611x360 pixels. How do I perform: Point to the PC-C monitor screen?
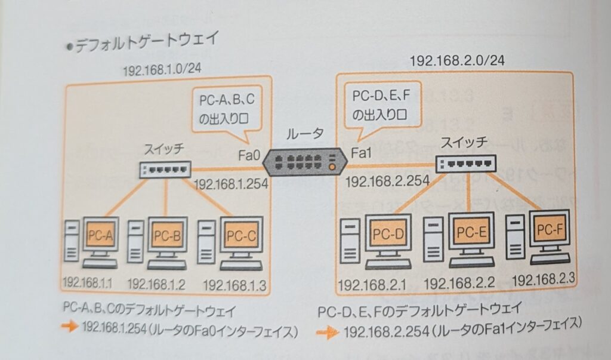(241, 235)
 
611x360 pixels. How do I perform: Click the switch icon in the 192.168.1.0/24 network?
(164, 169)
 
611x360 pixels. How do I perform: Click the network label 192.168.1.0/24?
(162, 70)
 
